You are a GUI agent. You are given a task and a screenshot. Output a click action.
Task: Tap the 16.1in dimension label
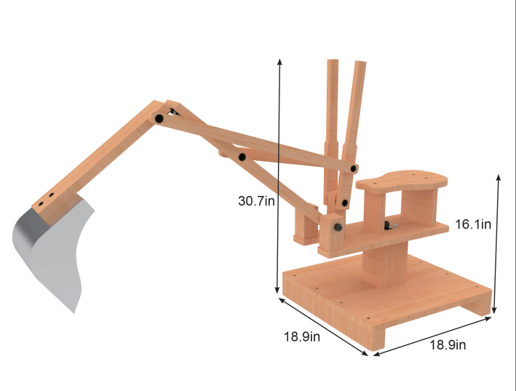[473, 224]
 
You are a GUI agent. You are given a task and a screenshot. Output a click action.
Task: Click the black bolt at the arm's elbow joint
[158, 118]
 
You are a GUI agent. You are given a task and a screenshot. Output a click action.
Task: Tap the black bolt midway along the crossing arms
[241, 157]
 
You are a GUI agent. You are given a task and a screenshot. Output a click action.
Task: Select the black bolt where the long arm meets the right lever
[354, 168]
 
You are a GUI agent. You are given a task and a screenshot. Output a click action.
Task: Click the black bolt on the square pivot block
[339, 228]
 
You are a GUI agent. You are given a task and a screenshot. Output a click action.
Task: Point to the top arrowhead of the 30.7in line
[279, 60]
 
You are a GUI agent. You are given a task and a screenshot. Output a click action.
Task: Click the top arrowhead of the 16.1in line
[499, 177]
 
